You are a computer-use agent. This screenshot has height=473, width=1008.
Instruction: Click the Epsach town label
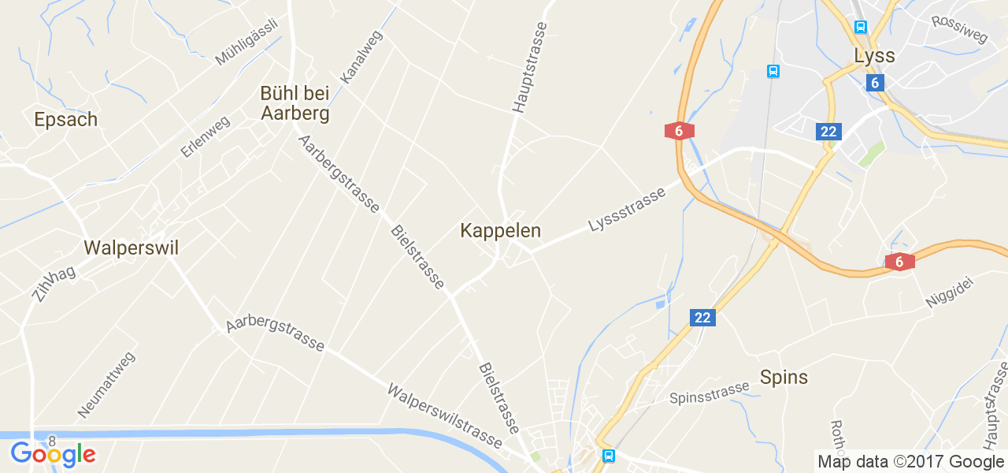point(66,120)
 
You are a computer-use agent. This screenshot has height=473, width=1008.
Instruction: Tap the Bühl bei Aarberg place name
point(295,103)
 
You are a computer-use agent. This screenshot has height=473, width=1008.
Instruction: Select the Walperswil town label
point(132,248)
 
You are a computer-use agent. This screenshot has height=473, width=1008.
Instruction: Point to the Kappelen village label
point(501,231)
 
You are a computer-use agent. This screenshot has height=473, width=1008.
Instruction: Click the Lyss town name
point(874,56)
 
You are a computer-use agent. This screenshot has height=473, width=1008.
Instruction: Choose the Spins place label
point(784,378)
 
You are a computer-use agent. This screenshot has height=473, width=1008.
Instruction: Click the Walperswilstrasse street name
point(444,415)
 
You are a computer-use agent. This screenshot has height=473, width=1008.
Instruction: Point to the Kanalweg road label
point(361,58)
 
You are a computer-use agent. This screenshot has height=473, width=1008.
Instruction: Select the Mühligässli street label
point(246,42)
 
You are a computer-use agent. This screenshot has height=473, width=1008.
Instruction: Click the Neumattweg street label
point(106,385)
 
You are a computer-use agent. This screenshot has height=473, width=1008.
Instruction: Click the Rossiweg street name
point(958,32)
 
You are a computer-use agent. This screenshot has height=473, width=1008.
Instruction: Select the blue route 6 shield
point(874,83)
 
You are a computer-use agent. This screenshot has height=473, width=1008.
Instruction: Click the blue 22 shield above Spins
point(702,318)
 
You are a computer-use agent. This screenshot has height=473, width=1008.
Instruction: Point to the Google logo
point(53,454)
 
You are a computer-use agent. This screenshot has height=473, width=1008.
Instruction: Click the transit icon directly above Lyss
point(860,27)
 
